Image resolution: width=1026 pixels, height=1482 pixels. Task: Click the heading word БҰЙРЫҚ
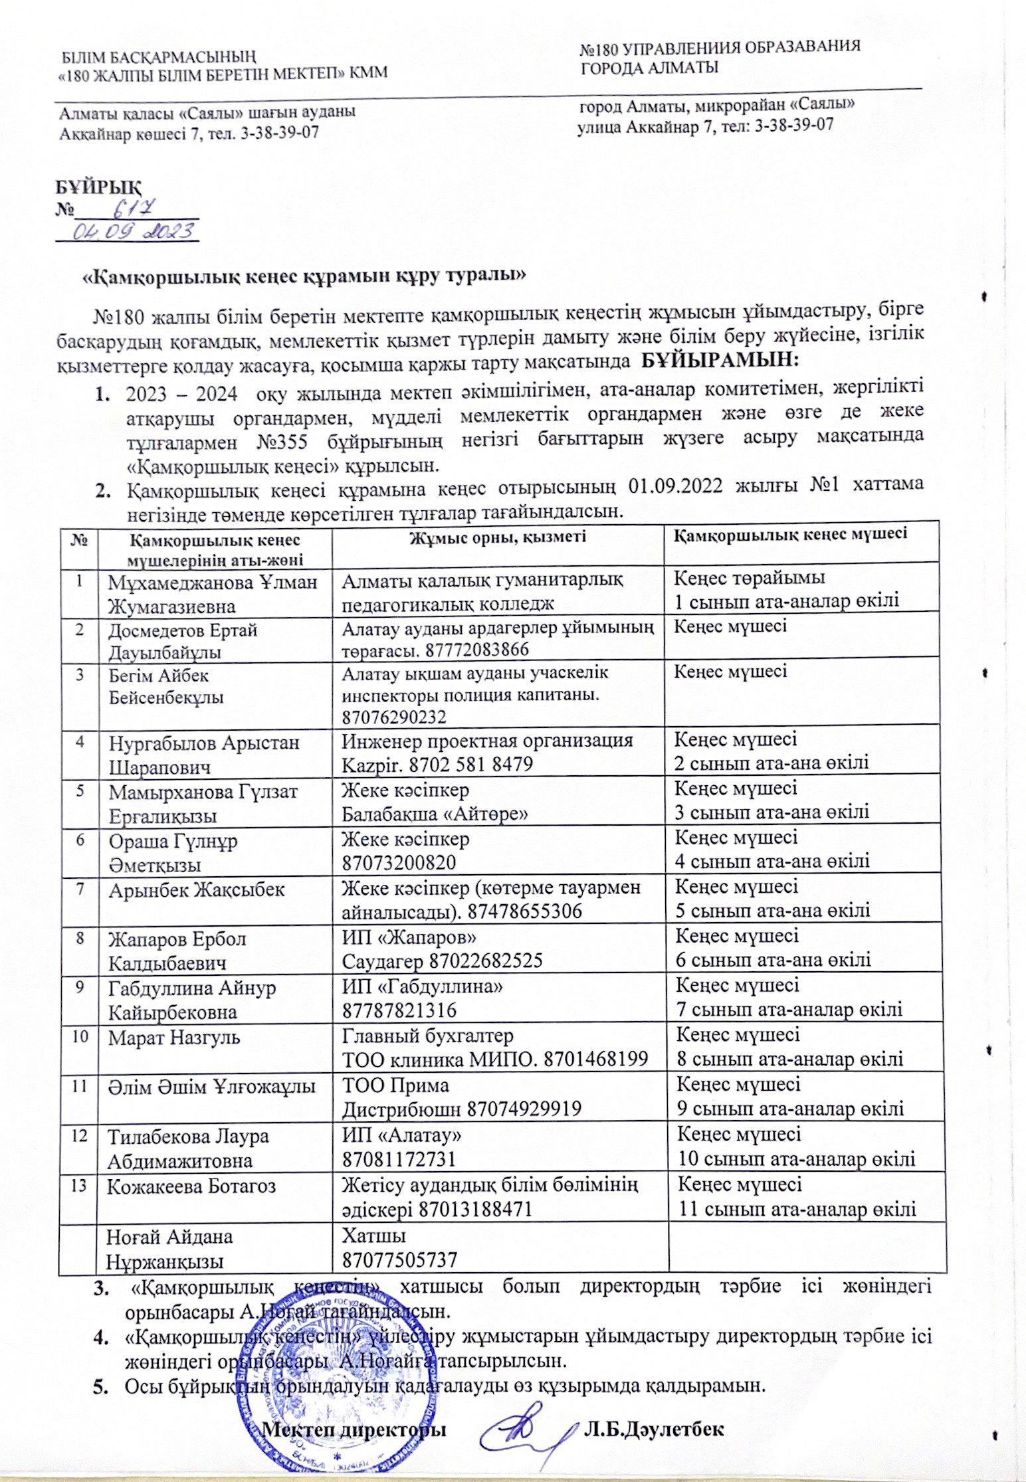point(98,185)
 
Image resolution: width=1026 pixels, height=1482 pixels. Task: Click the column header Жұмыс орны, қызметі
point(497,535)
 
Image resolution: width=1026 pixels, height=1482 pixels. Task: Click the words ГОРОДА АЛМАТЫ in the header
point(649,67)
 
